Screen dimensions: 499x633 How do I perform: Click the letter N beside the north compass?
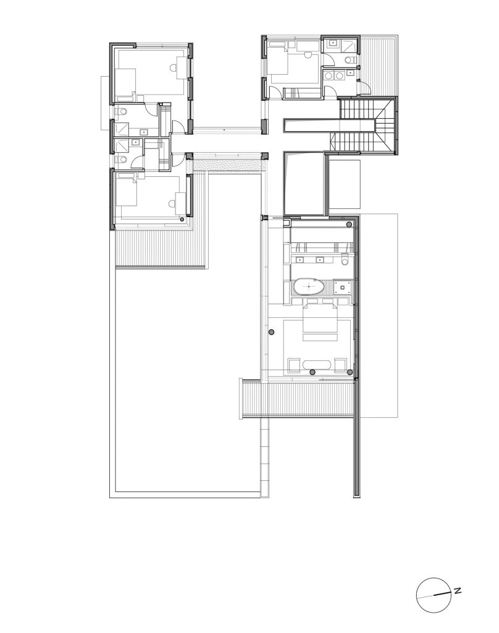click(458, 591)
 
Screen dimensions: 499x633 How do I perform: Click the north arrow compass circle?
click(433, 595)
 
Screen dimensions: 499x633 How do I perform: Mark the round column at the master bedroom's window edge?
click(272, 332)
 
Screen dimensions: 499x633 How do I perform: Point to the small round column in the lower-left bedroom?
click(182, 219)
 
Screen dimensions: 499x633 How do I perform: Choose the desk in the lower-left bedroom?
click(180, 203)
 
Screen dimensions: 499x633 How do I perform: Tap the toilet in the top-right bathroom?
click(350, 60)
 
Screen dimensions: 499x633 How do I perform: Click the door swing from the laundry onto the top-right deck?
click(364, 87)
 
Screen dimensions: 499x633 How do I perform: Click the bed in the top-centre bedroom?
click(279, 60)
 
